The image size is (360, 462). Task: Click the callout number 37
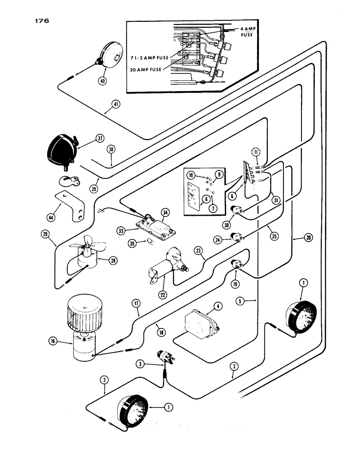(99, 138)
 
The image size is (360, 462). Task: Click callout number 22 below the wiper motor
(162, 292)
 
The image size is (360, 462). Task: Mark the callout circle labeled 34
(165, 213)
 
